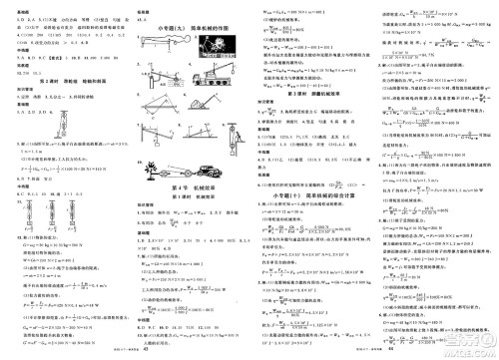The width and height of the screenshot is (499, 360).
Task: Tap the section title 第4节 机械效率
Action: point(188,186)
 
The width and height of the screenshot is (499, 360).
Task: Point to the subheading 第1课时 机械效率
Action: point(188,197)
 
